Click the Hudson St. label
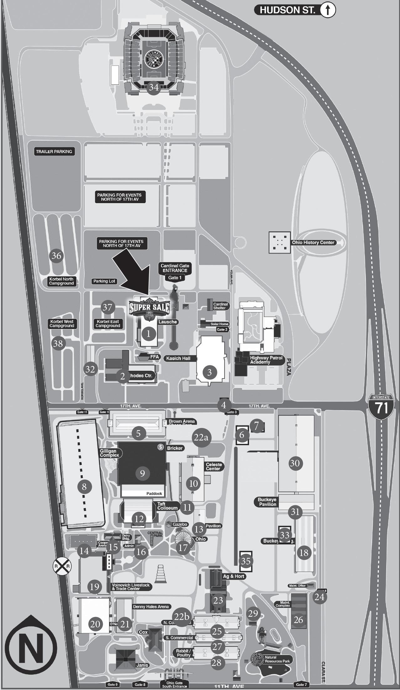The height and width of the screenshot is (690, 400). pyautogui.click(x=287, y=10)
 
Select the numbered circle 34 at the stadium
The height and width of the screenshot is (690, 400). pyautogui.click(x=153, y=87)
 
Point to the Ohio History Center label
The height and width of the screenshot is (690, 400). pyautogui.click(x=313, y=242)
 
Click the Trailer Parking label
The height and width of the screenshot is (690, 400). pyautogui.click(x=54, y=152)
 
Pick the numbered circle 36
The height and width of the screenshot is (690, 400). pyautogui.click(x=56, y=256)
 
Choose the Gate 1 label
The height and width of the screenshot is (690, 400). pyautogui.click(x=175, y=278)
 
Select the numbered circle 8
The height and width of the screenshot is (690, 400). pyautogui.click(x=84, y=487)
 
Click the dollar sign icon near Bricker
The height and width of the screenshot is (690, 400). pyautogui.click(x=161, y=447)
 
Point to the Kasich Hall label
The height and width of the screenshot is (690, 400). pyautogui.click(x=178, y=358)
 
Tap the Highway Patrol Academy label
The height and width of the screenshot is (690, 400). pyautogui.click(x=266, y=360)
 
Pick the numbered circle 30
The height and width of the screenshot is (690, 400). pyautogui.click(x=295, y=463)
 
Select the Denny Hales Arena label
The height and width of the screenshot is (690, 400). pyautogui.click(x=151, y=606)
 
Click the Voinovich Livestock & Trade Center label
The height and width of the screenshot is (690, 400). pyautogui.click(x=130, y=587)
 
